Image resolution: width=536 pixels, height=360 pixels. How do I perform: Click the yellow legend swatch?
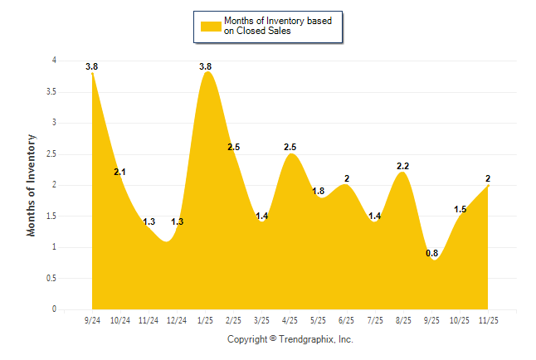pos(211,26)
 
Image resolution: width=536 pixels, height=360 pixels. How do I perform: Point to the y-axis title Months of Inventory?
pos(32,185)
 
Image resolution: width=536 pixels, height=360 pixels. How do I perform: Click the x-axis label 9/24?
pos(92,319)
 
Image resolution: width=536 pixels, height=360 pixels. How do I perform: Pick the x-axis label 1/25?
pos(206,319)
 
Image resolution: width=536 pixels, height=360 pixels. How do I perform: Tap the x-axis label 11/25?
pos(488,319)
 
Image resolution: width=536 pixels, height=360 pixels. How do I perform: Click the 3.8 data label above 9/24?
pos(91,66)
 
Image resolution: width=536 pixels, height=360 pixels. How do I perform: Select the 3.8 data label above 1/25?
pos(206,66)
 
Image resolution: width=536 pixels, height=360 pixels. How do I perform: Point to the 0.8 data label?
pos(431,253)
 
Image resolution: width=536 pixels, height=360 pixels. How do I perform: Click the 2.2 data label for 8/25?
pos(403,166)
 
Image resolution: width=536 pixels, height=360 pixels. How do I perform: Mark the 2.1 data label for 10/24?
pos(120,172)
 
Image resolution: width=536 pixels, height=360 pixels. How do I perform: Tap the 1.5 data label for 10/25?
pos(460,209)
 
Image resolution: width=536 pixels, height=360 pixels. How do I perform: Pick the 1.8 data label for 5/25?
pos(319,191)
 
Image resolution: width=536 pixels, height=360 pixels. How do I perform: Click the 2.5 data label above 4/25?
pos(290,147)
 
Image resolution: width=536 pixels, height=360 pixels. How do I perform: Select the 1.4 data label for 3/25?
pos(262,216)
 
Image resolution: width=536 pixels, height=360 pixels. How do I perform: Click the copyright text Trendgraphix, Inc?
pos(290,339)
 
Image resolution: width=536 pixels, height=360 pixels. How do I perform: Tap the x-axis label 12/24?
pos(178,319)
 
